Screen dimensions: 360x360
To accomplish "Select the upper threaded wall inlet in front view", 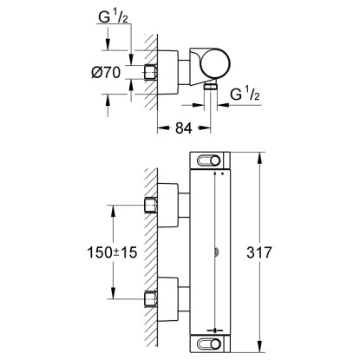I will pyautogui.click(x=150, y=205).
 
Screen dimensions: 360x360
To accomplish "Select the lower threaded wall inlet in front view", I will pyautogui.click(x=150, y=301).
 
